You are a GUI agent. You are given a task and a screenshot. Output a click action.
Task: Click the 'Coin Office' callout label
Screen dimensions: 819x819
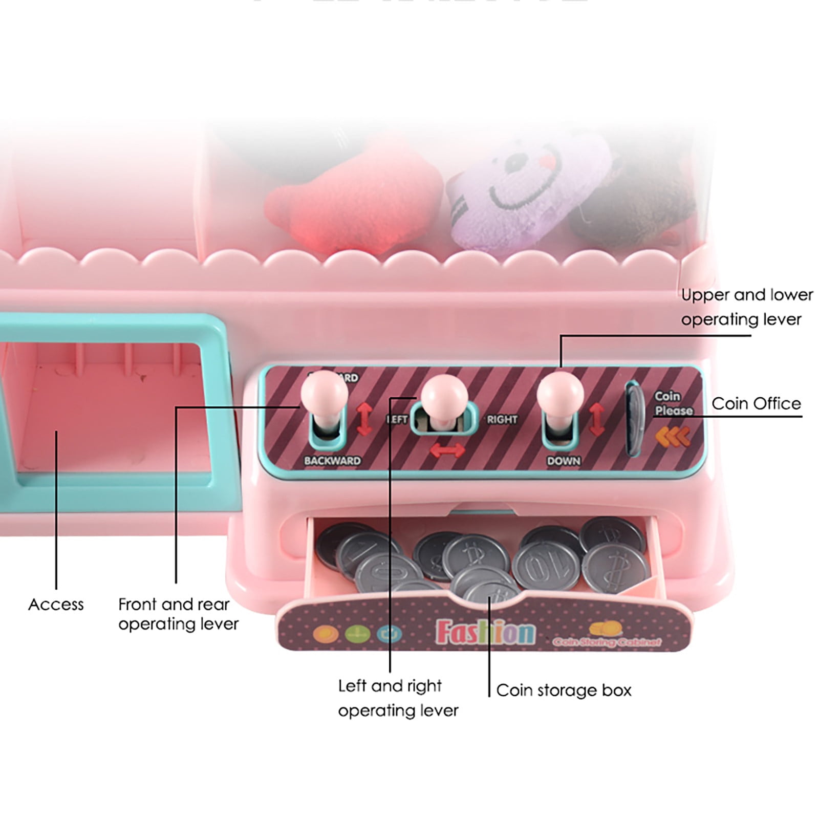[x=756, y=403]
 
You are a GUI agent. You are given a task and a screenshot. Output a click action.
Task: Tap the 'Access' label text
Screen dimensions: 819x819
[x=56, y=605]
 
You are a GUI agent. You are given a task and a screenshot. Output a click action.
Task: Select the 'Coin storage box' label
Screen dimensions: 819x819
[x=564, y=690]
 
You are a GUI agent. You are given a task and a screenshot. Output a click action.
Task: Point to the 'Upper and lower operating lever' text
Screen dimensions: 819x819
[x=746, y=307]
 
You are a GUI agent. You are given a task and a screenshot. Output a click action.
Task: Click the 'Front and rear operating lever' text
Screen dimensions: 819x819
[x=178, y=614]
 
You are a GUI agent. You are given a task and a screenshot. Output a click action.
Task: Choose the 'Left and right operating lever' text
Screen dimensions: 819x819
[x=398, y=698]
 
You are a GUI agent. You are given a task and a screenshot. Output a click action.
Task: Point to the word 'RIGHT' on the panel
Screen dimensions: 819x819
[x=502, y=420]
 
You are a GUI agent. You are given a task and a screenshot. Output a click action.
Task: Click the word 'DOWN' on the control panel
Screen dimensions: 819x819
[x=564, y=461]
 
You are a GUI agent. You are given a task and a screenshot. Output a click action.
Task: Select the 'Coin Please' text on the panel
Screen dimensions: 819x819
[x=673, y=403]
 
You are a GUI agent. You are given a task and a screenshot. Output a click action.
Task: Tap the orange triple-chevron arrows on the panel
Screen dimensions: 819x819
[x=673, y=436]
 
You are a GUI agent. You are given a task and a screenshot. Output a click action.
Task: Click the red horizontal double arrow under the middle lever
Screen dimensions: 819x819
[x=447, y=449]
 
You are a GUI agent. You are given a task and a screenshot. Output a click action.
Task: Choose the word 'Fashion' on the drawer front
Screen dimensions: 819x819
[x=484, y=633]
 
